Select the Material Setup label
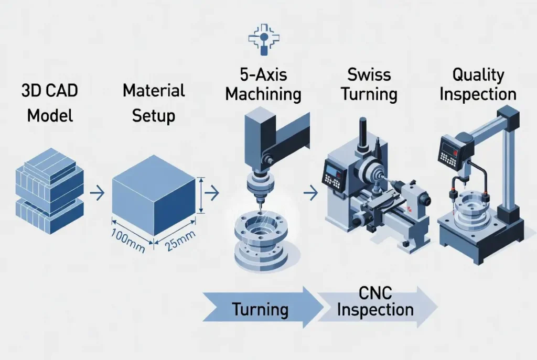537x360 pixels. (x=154, y=102)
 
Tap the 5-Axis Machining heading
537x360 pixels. (x=263, y=84)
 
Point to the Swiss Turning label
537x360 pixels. (x=369, y=84)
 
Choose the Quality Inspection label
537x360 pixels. (x=478, y=84)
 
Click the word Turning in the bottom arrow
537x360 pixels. (x=260, y=309)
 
